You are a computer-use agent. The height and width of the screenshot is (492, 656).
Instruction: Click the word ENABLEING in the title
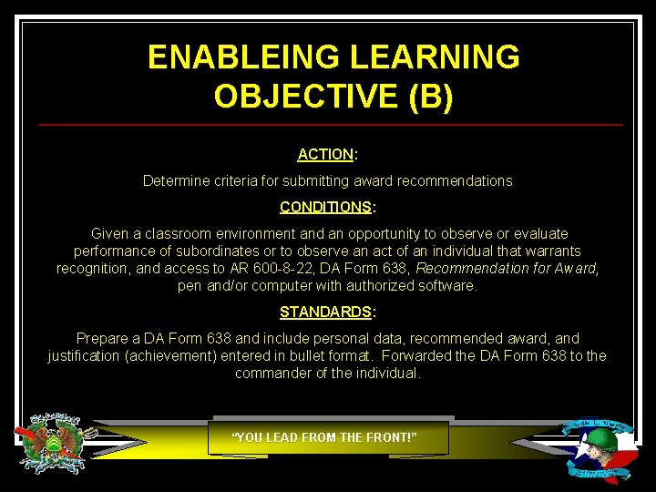[232, 57]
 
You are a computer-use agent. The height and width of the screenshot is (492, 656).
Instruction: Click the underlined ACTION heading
[325, 155]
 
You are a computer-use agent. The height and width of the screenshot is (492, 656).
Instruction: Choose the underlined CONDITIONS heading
[325, 207]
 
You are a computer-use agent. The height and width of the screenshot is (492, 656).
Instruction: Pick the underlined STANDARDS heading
[325, 312]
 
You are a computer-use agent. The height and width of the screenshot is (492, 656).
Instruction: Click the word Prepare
[102, 338]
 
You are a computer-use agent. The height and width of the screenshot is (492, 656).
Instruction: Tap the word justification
[87, 355]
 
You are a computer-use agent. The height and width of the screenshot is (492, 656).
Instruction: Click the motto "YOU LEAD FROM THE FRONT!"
[325, 437]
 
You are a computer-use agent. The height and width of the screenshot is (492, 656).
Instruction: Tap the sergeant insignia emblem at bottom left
[56, 443]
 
